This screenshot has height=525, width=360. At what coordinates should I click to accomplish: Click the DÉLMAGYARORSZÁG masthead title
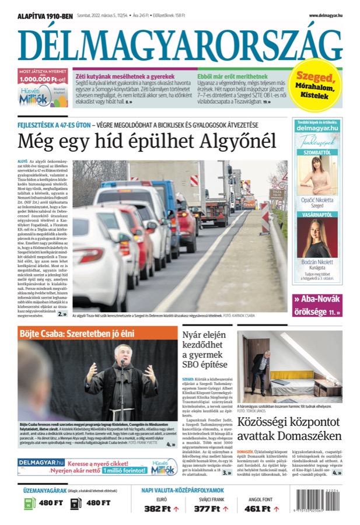[180, 43]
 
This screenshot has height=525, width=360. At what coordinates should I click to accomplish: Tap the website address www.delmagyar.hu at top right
[325, 16]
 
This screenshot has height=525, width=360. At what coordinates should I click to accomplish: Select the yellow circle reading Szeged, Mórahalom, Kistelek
[316, 85]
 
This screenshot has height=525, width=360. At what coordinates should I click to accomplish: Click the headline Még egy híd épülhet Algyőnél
[146, 141]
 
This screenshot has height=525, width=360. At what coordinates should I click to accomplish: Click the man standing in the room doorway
[258, 369]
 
